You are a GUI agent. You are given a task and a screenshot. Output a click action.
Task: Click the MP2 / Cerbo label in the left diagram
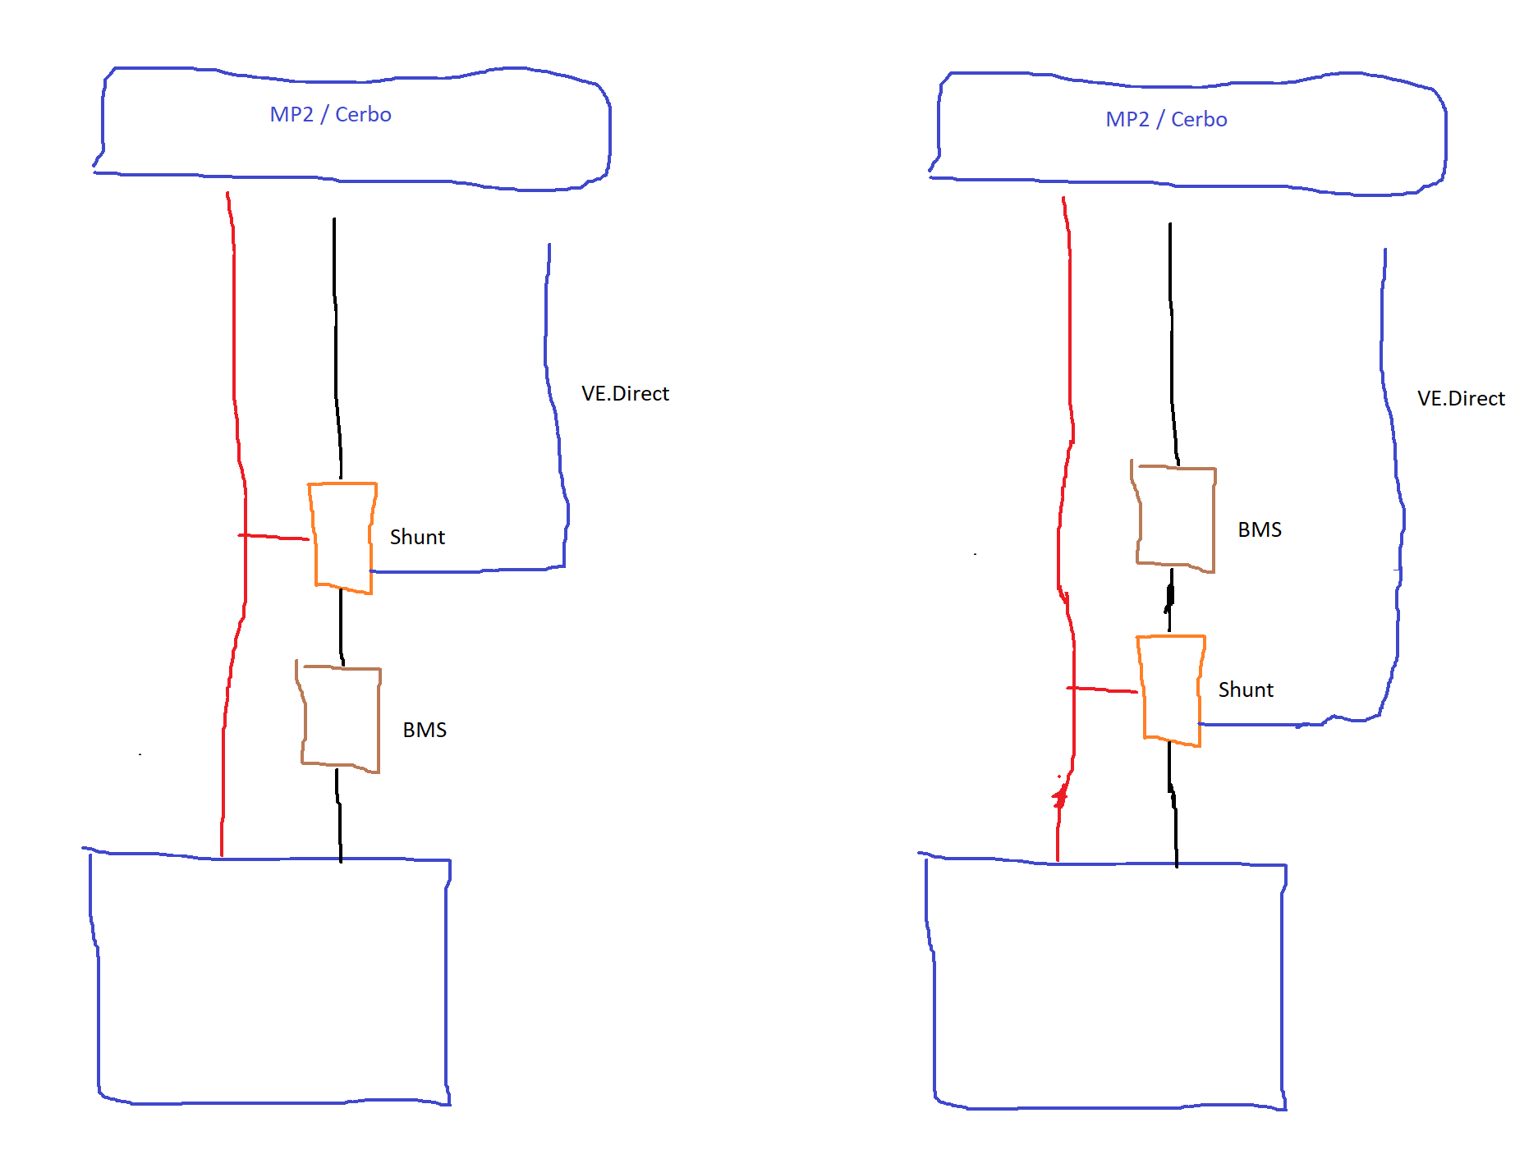(x=330, y=114)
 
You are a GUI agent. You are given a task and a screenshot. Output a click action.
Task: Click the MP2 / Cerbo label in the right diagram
(x=1166, y=119)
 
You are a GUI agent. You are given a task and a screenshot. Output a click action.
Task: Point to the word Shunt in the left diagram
(x=417, y=537)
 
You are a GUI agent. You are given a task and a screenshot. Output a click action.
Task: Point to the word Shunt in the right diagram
(x=1246, y=689)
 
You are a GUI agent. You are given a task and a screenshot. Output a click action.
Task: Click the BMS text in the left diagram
(x=425, y=730)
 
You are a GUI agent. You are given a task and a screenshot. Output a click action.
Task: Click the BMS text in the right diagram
(x=1260, y=529)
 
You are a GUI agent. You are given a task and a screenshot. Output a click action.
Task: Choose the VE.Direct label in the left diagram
(x=625, y=393)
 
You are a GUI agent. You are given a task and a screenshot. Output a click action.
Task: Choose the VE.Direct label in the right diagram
(x=1461, y=398)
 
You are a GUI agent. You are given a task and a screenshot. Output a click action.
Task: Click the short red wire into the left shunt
(x=273, y=537)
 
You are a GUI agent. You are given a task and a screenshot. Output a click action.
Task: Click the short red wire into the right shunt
(x=1102, y=689)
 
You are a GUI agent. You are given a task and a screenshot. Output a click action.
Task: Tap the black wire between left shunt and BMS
(x=341, y=628)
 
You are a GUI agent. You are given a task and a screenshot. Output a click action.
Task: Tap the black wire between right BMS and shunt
(x=1170, y=602)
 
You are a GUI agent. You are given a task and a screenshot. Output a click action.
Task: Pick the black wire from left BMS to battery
(x=338, y=815)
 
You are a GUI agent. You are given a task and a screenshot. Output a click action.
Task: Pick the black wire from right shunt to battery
(x=1173, y=805)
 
